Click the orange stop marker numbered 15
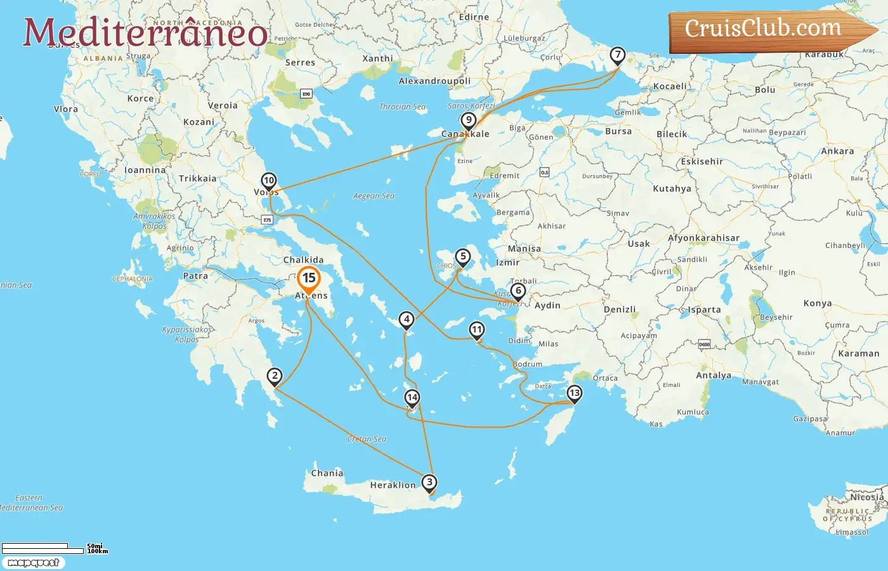point(309,279)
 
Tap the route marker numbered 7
point(617,55)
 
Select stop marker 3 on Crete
point(429,483)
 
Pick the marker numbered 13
point(574,393)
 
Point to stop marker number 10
point(269,181)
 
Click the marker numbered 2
point(275,376)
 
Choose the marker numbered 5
point(463,257)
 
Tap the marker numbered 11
point(476,330)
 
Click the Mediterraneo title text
point(145,32)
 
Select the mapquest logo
point(33,563)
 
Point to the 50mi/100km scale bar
point(54,548)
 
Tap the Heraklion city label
point(393,485)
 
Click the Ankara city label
point(837,152)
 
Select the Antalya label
point(714,376)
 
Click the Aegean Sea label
point(374,196)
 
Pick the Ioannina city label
point(145,170)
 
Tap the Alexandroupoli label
point(434,81)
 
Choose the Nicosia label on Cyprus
point(866,497)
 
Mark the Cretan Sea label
point(367,439)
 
